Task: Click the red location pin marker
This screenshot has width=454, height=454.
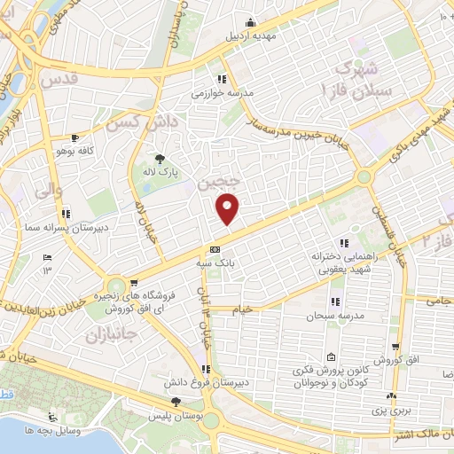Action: click(x=229, y=208)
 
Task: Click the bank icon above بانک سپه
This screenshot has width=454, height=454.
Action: click(x=215, y=250)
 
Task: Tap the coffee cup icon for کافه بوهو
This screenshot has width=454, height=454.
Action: click(x=74, y=137)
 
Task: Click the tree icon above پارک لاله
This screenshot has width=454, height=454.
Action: click(x=159, y=157)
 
